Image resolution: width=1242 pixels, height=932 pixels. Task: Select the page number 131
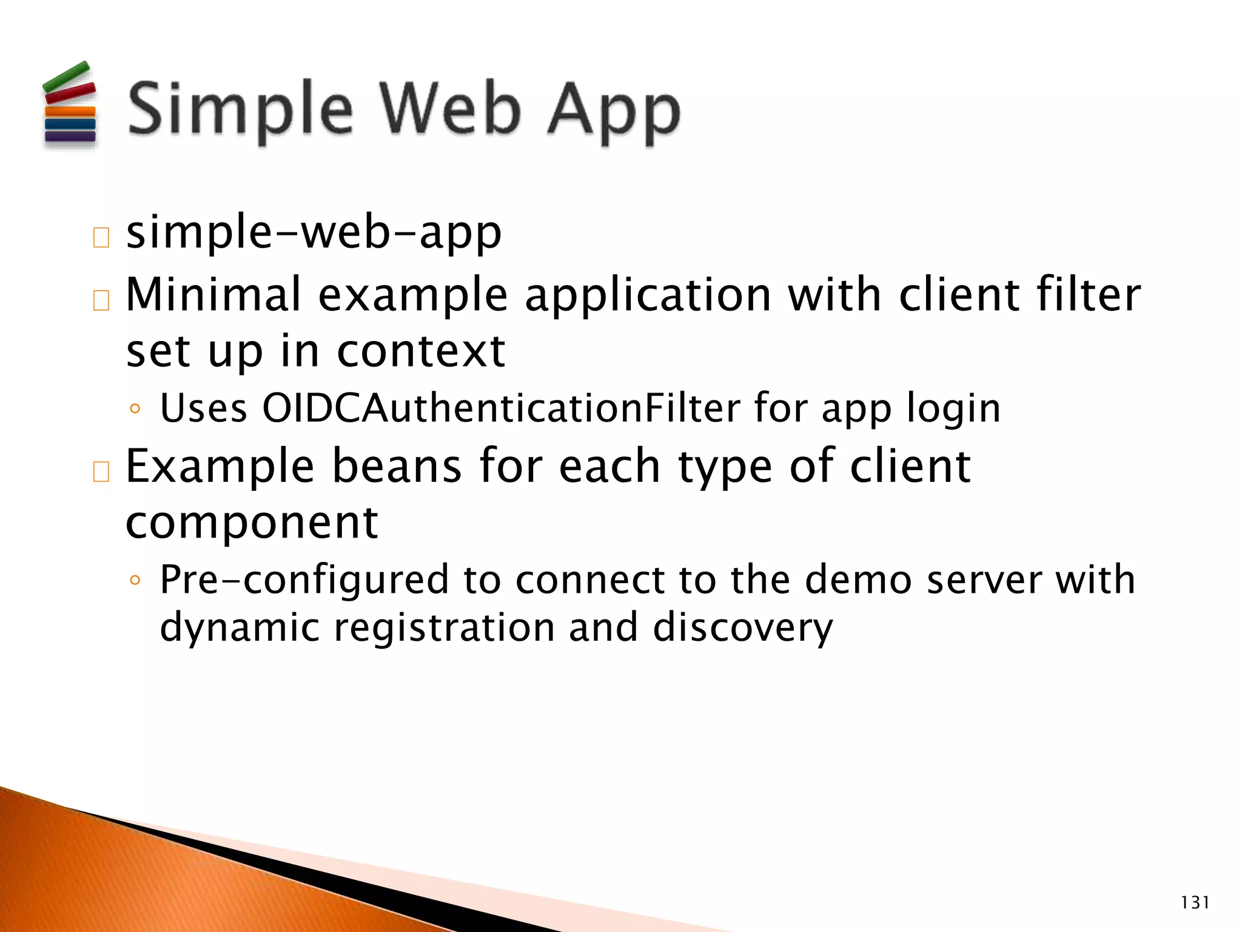tap(1195, 903)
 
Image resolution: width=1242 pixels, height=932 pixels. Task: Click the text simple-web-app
tap(314, 233)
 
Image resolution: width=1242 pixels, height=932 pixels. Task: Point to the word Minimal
tap(213, 294)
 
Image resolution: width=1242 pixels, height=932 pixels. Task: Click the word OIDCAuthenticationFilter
tap(501, 408)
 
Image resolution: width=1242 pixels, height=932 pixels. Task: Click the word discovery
tap(743, 628)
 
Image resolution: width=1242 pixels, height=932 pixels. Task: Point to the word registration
tap(444, 628)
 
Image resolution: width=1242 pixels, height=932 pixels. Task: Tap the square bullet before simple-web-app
tap(101, 238)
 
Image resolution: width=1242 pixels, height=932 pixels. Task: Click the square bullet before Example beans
tap(101, 471)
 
